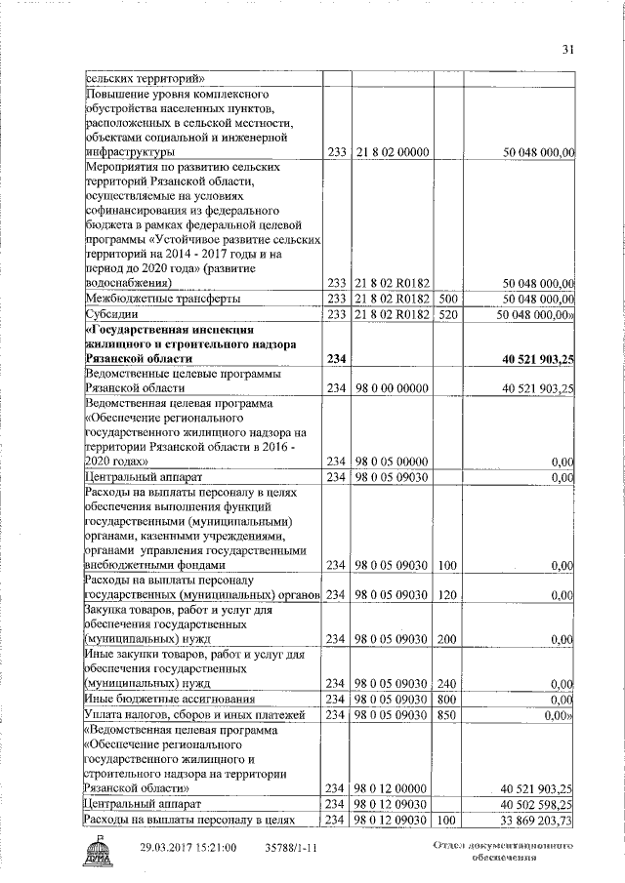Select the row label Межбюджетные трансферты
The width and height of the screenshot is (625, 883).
pyautogui.click(x=164, y=298)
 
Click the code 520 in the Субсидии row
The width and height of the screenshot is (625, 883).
pyautogui.click(x=449, y=314)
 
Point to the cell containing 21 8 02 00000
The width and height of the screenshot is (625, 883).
pyautogui.click(x=393, y=153)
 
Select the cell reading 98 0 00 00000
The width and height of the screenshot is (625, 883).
pyautogui.click(x=393, y=387)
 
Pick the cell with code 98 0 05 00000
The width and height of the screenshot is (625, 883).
pyautogui.click(x=393, y=461)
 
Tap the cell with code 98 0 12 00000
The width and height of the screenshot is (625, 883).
pyautogui.click(x=393, y=786)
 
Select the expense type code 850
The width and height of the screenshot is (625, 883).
pyautogui.click(x=449, y=715)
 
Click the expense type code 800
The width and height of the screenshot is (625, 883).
pyautogui.click(x=449, y=699)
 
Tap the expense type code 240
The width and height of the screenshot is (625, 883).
pyautogui.click(x=449, y=683)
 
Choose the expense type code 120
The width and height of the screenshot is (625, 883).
pyautogui.click(x=449, y=595)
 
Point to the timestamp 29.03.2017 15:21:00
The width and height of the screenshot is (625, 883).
pyautogui.click(x=188, y=849)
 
